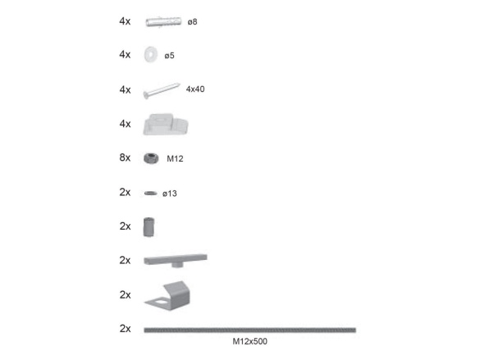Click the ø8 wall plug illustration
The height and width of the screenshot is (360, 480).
[x=163, y=21]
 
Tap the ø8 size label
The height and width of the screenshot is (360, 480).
[x=192, y=22]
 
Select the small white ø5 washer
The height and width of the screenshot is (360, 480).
[x=151, y=55]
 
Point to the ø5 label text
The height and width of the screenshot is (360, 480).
[x=169, y=56]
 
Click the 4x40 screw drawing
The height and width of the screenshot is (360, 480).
[x=162, y=91]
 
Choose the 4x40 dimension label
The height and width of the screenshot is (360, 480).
[x=195, y=89]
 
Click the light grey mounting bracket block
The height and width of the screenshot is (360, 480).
[x=166, y=124]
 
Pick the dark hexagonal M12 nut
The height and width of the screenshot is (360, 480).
[x=151, y=158]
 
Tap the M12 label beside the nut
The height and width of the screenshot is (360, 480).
[x=175, y=158]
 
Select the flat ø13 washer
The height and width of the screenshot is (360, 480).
[x=151, y=193]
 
